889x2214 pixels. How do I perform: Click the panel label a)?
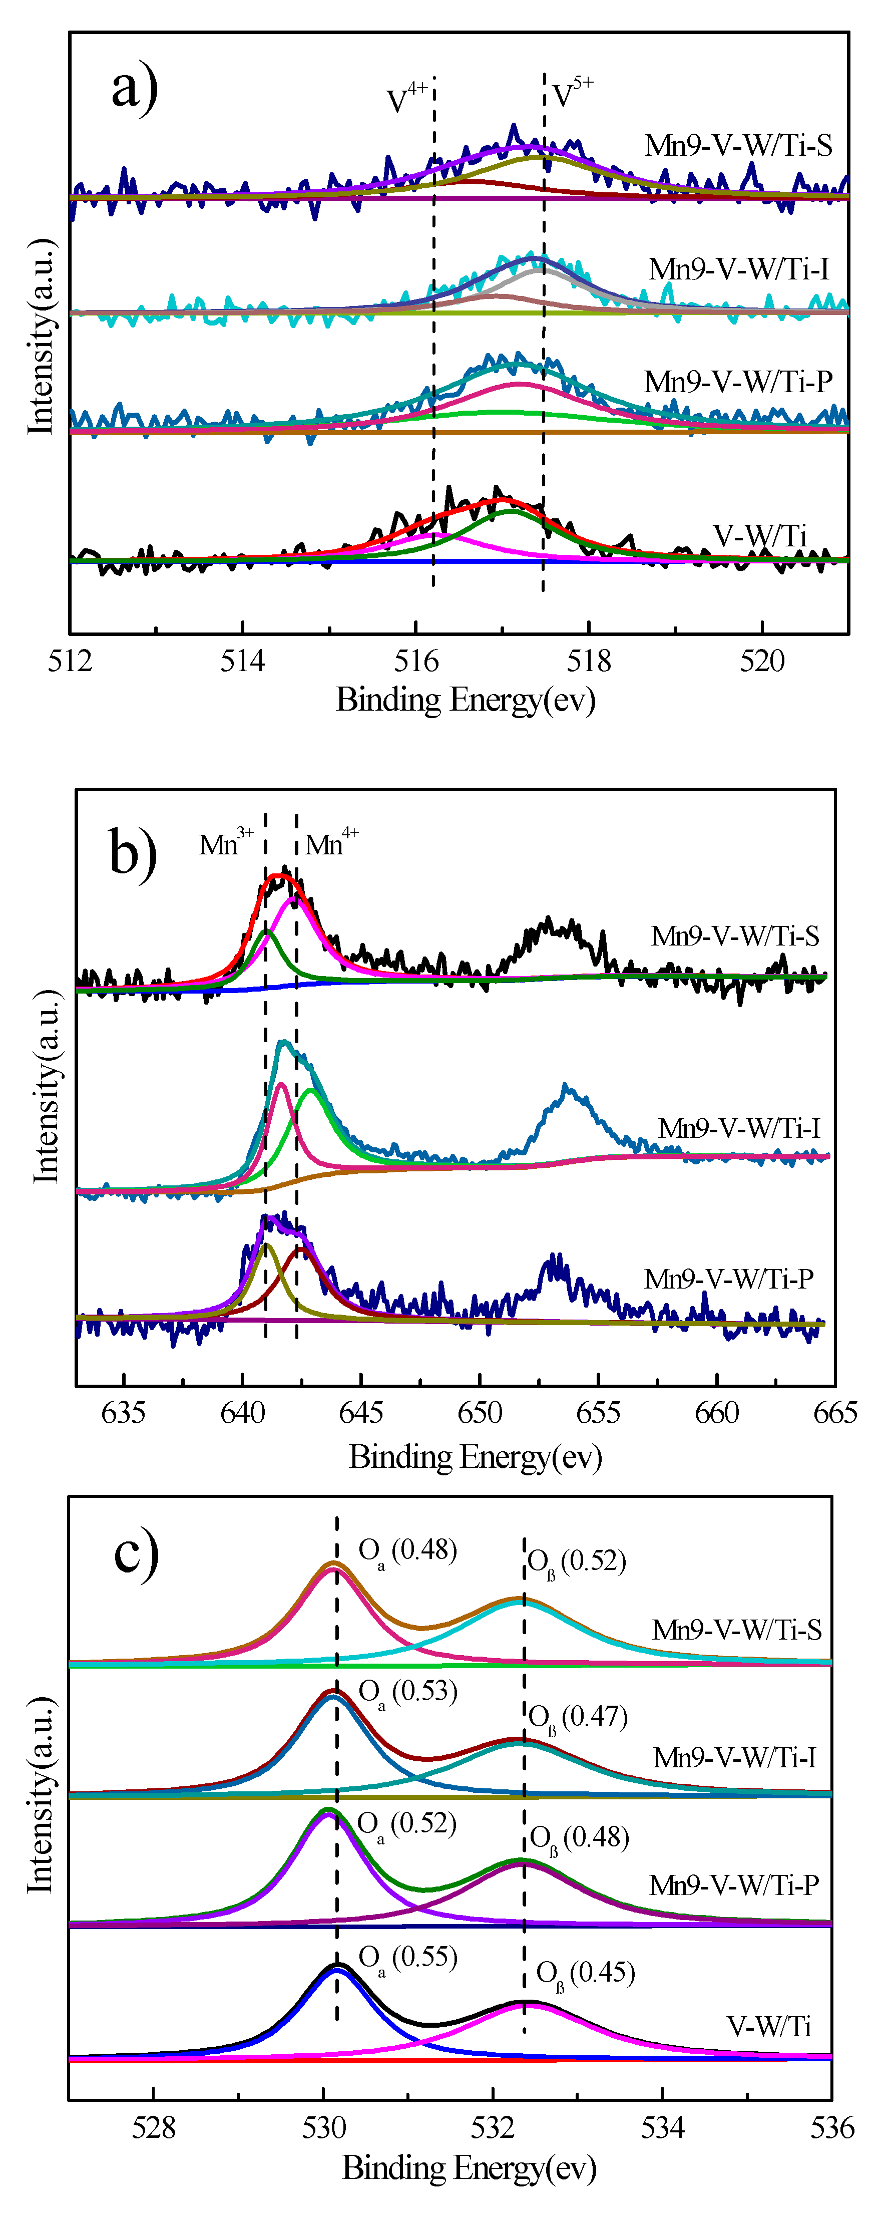pos(135,89)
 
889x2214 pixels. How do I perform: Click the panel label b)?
pos(133,852)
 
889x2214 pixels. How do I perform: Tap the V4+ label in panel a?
pos(406,98)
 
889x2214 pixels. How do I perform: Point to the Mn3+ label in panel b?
pos(226,843)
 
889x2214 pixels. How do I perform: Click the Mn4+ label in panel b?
pos(331,843)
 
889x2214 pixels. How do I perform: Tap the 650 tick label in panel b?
pos(479,1412)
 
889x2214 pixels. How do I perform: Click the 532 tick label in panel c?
pos(493,2127)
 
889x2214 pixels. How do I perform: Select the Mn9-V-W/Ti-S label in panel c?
pos(736,1630)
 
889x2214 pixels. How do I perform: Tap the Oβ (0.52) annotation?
pos(576,1561)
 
